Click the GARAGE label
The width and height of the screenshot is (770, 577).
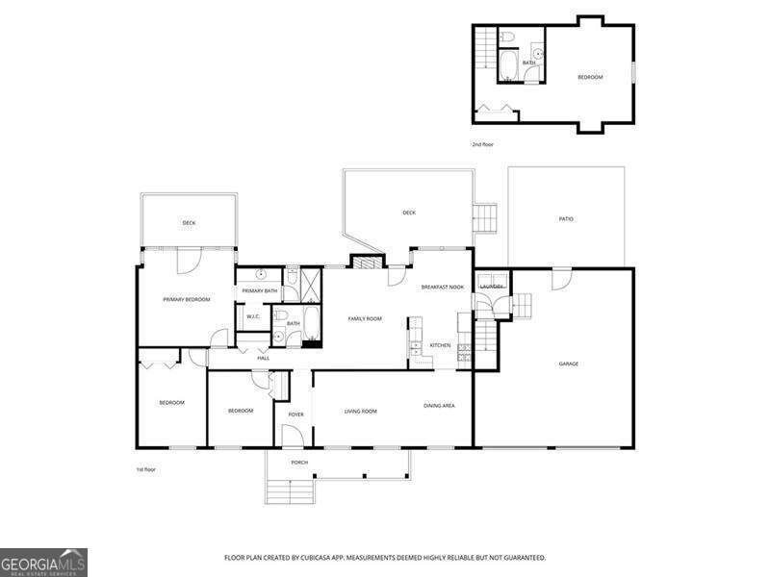coord(569,364)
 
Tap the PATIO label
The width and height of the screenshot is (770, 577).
coord(566,219)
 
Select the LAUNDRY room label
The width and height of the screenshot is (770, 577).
coord(492,287)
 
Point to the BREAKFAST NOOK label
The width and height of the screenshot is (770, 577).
coord(443,287)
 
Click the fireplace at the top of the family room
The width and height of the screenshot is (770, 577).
coord(363,262)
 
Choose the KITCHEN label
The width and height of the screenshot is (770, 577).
coord(440,345)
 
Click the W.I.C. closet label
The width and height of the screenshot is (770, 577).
coord(253,316)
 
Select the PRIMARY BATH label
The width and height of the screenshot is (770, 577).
coord(260,290)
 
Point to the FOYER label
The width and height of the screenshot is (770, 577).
coord(295,414)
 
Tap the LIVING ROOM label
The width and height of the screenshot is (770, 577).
coord(361,412)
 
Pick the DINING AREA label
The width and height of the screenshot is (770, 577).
coord(439,406)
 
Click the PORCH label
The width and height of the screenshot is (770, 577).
coord(299,462)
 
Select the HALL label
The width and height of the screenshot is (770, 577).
coord(263,358)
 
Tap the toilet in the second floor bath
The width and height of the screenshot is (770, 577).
coord(509,38)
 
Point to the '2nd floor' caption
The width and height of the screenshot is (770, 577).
coord(482,144)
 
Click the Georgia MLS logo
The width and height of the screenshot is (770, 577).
coord(43,562)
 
